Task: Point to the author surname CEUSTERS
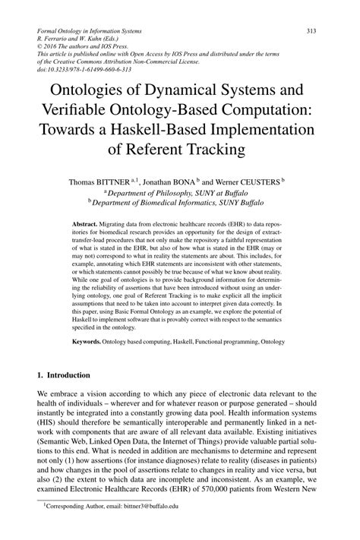pos(257,182)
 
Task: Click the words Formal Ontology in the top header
pos(59,30)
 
